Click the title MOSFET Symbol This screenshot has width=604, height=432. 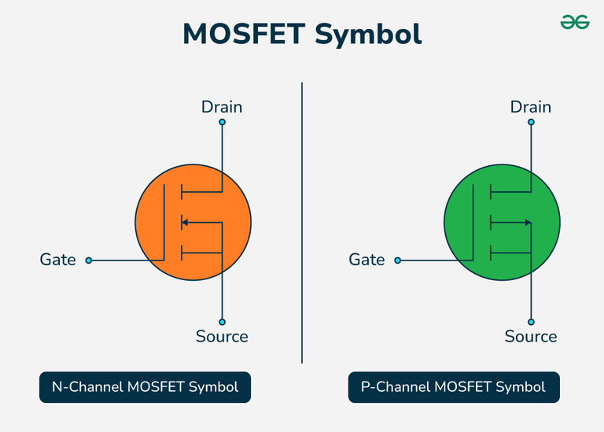point(302,34)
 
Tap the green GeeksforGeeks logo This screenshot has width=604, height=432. point(575,23)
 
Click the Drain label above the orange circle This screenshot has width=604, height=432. point(222,106)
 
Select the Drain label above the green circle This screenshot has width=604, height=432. point(531,106)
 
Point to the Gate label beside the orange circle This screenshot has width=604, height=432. point(58,260)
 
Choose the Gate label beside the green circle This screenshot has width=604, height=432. point(366,260)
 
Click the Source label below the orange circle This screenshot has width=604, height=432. point(222,337)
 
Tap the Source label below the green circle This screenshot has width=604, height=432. point(531,337)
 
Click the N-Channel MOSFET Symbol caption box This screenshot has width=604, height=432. point(145,387)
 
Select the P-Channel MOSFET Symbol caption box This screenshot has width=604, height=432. point(454,387)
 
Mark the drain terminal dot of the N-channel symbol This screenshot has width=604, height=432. point(223,123)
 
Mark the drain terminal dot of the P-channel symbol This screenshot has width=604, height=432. point(532,123)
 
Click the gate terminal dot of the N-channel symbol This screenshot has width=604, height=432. point(88,260)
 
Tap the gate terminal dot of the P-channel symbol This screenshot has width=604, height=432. point(397,260)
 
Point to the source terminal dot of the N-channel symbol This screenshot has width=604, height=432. point(223,321)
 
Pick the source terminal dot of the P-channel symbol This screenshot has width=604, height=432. point(532,321)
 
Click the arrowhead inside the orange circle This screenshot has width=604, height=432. point(185,223)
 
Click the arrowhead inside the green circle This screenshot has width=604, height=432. point(528,223)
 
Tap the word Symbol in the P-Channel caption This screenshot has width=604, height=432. point(521,387)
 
